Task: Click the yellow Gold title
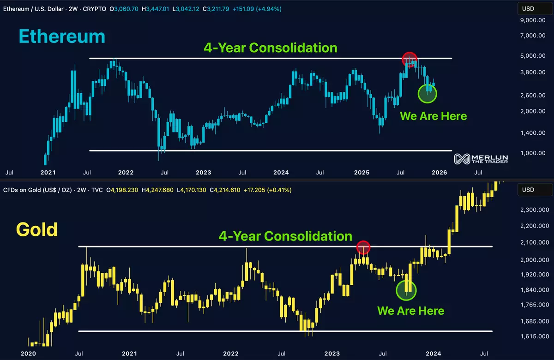pyautogui.click(x=37, y=229)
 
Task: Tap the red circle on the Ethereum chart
pyautogui.click(x=409, y=59)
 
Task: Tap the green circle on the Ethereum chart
pyautogui.click(x=427, y=93)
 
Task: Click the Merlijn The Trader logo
pyautogui.click(x=481, y=159)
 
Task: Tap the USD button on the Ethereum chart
pyautogui.click(x=528, y=8)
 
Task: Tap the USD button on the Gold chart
pyautogui.click(x=528, y=190)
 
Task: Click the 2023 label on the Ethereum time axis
pyautogui.click(x=203, y=173)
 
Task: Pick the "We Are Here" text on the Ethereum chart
pyautogui.click(x=433, y=116)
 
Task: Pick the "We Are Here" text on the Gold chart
pyautogui.click(x=410, y=311)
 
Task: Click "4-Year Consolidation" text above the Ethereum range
pyautogui.click(x=270, y=48)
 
